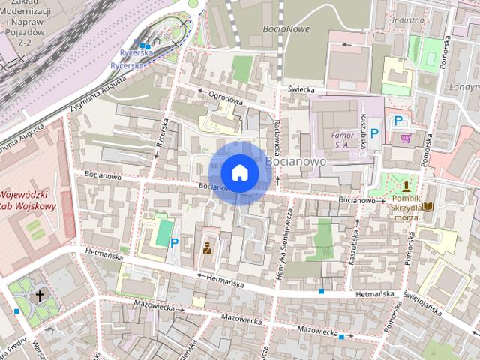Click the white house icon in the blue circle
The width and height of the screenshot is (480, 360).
(239, 173)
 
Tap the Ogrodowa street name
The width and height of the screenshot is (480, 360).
(226, 97)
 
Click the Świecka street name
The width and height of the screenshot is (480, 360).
(298, 88)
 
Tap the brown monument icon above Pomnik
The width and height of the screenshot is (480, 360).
(406, 185)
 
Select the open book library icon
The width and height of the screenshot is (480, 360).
(428, 206)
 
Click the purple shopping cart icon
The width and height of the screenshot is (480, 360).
(406, 139)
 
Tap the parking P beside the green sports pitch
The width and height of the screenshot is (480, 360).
(174, 242)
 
